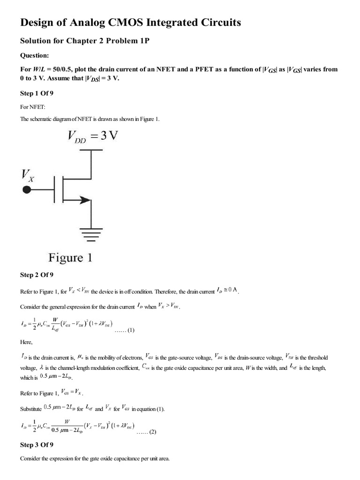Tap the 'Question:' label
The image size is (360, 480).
tap(34, 55)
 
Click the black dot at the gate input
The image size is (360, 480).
tap(27, 189)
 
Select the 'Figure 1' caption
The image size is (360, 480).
tap(70, 257)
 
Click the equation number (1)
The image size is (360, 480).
tap(128, 330)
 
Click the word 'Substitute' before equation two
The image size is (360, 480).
tap(30, 408)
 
